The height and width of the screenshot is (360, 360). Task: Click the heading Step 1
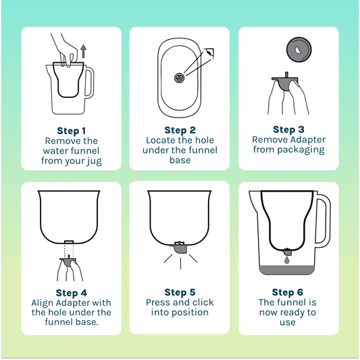click(x=72, y=131)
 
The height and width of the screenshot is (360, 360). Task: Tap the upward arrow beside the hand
click(x=84, y=51)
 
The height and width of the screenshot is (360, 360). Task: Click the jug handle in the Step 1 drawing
click(x=91, y=82)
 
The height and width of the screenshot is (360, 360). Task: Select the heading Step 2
click(x=180, y=130)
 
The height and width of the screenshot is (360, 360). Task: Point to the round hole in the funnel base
click(x=179, y=78)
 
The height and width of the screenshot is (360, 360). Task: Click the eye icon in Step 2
click(x=209, y=53)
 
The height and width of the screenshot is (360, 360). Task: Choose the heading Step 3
click(x=288, y=130)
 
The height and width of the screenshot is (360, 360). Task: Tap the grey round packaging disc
click(x=299, y=49)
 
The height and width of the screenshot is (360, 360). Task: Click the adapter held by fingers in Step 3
click(x=285, y=82)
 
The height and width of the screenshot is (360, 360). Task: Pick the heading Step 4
click(x=72, y=293)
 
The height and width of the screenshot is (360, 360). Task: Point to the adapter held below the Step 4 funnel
click(x=68, y=261)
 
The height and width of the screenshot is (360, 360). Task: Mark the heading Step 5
click(x=180, y=292)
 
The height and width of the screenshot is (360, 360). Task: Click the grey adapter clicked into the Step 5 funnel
click(x=179, y=248)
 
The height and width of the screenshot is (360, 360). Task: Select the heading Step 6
click(x=288, y=292)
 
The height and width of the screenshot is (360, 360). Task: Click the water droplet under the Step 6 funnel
click(x=286, y=260)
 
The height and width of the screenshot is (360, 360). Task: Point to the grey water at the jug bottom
click(x=287, y=269)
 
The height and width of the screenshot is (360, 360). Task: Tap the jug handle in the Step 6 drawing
click(x=323, y=218)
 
